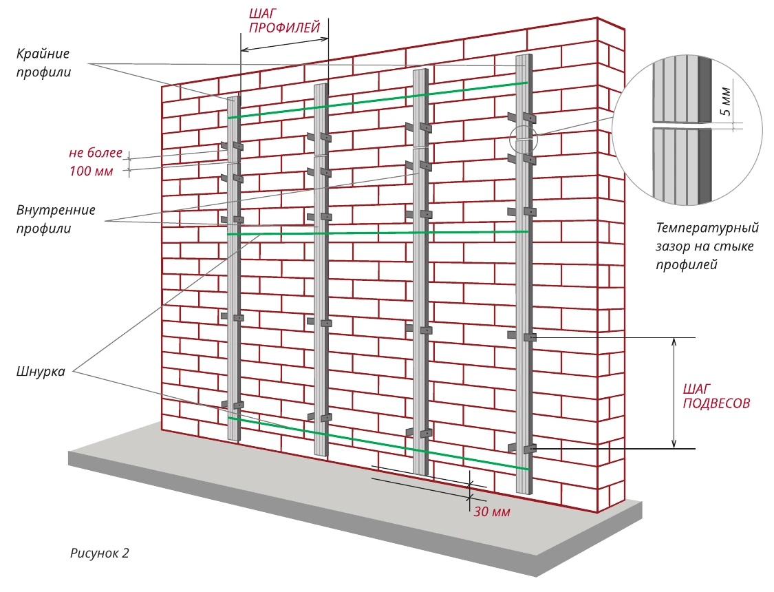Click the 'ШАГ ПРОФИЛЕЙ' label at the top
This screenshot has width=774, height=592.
point(285,20)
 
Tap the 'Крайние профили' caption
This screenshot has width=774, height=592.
point(43,63)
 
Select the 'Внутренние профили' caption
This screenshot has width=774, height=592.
point(56,219)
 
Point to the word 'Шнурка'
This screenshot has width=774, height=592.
point(41,371)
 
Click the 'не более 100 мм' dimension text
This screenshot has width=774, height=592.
point(95,162)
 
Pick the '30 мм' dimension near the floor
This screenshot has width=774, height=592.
point(492,511)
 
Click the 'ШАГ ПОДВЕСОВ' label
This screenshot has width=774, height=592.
point(716,396)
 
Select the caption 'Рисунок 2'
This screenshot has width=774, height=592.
point(99,553)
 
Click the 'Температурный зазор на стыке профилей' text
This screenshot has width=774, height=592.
point(707,246)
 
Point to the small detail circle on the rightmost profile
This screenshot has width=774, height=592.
point(524,140)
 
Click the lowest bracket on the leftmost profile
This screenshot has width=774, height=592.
point(233,405)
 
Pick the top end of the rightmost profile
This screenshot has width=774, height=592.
point(524,56)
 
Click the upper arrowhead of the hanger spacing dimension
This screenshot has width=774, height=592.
point(674,341)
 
